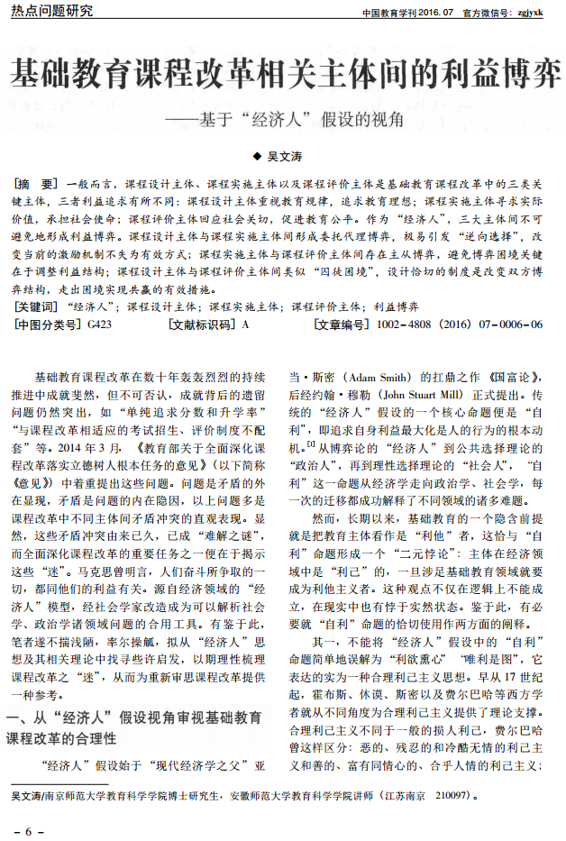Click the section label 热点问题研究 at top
pos(51,12)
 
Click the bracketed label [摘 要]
pos(38,183)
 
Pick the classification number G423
pos(100,324)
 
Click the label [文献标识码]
pos(199,324)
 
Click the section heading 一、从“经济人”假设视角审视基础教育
pos(135,718)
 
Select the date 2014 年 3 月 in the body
pos(99,447)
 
